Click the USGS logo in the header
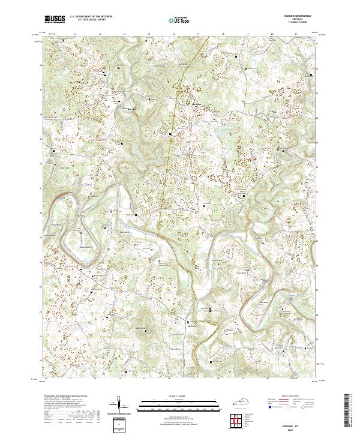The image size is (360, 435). (x=55, y=20)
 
